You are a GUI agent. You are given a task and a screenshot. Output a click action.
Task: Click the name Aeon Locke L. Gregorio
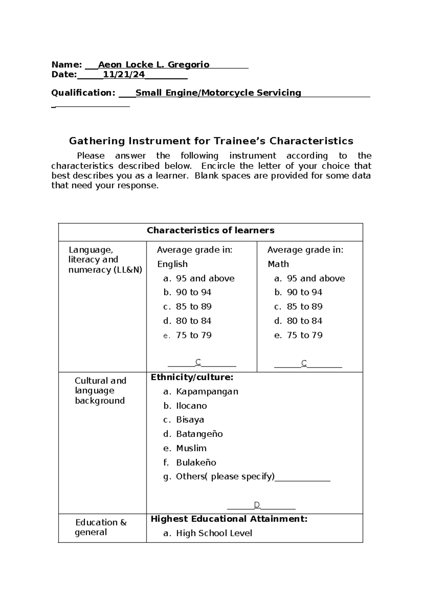(x=154, y=65)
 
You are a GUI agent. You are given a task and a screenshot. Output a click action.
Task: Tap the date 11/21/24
(x=124, y=74)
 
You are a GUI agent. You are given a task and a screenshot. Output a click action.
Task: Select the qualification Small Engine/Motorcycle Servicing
(x=218, y=93)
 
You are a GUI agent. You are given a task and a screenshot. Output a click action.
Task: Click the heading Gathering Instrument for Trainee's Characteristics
(x=211, y=141)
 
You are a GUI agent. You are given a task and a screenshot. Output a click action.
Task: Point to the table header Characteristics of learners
(x=210, y=231)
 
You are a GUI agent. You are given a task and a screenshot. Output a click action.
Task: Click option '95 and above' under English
(x=205, y=279)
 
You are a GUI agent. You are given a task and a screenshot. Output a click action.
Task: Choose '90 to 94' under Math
(x=304, y=292)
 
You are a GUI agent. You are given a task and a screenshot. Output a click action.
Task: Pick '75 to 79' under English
(x=194, y=335)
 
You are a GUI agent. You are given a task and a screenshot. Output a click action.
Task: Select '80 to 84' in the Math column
(x=304, y=321)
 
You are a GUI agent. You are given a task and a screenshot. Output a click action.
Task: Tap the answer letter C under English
(x=198, y=362)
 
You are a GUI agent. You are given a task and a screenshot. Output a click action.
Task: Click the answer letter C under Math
(x=304, y=363)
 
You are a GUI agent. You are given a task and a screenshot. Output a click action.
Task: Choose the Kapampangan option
(x=207, y=392)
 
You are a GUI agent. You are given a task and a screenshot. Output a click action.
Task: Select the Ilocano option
(x=191, y=406)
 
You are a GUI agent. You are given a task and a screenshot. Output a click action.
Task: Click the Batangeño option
(x=199, y=434)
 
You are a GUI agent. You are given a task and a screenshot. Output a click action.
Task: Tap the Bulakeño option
(x=196, y=463)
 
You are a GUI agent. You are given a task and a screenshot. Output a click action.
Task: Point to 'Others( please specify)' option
(x=225, y=477)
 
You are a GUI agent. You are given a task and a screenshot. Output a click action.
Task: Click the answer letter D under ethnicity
(x=257, y=505)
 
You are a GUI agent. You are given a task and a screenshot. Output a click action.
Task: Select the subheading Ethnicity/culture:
(x=192, y=378)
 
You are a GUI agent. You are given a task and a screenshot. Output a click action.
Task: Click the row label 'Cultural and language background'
(x=100, y=391)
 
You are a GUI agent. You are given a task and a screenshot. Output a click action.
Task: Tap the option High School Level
(x=214, y=533)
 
